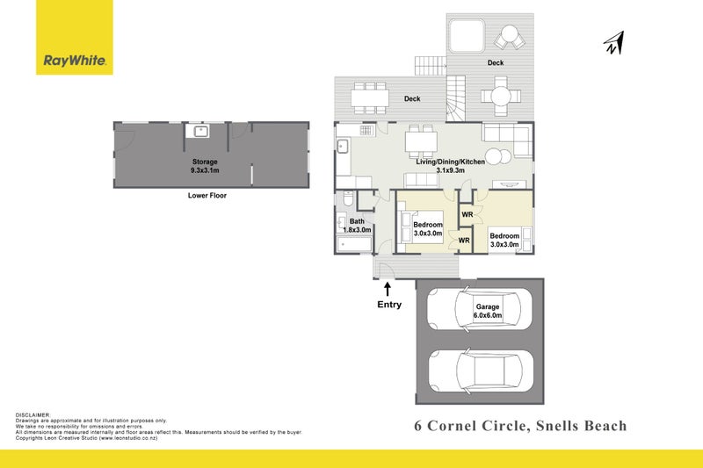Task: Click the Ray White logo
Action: [x=75, y=37]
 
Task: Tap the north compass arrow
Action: [x=613, y=43]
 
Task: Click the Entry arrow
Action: [x=388, y=289]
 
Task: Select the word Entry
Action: [x=389, y=305]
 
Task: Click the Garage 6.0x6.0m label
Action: [x=488, y=311]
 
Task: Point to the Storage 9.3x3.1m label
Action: [x=205, y=166]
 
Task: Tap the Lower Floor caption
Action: [x=207, y=195]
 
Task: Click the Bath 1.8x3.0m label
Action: [x=357, y=226]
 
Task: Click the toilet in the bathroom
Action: [x=348, y=198]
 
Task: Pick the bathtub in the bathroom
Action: [x=354, y=244]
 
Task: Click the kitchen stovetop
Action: [x=366, y=130]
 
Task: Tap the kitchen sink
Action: [x=343, y=146]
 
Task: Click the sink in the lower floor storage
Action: [x=201, y=131]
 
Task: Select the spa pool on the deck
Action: [x=467, y=36]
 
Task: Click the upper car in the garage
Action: [x=479, y=310]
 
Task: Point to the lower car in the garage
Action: [x=481, y=371]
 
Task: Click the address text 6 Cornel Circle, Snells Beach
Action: [x=520, y=426]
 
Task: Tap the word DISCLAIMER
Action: [x=33, y=415]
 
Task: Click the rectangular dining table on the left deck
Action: [x=370, y=97]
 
